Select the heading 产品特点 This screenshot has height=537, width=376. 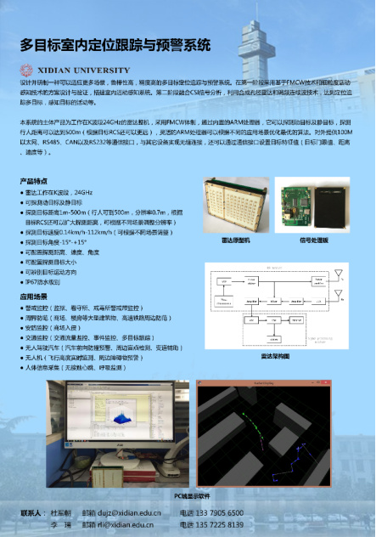(34, 182)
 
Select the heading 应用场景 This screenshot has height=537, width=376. (34, 297)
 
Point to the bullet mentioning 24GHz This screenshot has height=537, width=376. (59, 193)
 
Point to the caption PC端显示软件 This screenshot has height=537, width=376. (191, 495)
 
